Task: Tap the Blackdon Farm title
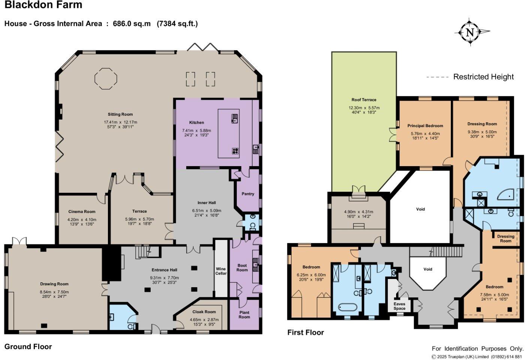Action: (43, 5)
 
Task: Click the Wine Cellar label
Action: (221, 271)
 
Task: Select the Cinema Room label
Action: (82, 211)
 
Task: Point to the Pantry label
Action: (248, 194)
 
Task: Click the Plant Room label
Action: (244, 315)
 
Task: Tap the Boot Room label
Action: (242, 268)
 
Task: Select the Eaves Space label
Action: (399, 306)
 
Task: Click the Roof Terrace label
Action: (363, 100)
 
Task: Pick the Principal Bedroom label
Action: (425, 126)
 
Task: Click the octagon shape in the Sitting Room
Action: (105, 78)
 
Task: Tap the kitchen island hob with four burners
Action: (235, 151)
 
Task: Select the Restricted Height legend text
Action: (483, 77)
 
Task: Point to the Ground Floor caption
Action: (28, 346)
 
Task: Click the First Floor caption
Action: (305, 332)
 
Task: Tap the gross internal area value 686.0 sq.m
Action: (132, 24)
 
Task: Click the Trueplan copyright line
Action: (477, 357)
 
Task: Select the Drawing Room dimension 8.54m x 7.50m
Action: (54, 292)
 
